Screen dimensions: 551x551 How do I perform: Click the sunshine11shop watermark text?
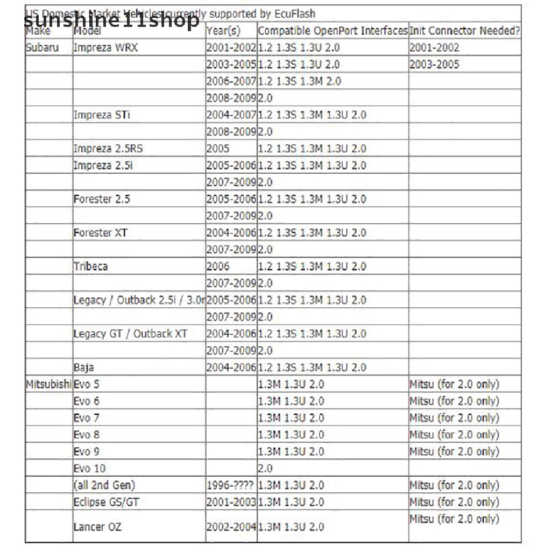tap(111, 20)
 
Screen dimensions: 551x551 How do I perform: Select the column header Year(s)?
tap(223, 31)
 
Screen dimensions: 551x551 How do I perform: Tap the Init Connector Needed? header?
tap(464, 31)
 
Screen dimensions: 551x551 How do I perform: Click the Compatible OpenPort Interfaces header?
tap(333, 31)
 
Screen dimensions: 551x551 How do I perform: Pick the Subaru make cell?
tap(42, 47)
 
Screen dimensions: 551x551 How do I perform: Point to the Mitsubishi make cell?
tap(48, 384)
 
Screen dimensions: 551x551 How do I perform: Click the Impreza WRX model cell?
tap(105, 47)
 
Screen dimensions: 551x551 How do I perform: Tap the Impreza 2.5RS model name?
tap(108, 149)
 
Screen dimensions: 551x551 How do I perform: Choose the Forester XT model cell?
tap(101, 233)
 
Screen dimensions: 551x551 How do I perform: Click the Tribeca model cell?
tap(90, 266)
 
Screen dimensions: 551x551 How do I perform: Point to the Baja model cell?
tap(83, 368)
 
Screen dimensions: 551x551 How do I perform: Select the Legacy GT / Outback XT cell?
tap(130, 334)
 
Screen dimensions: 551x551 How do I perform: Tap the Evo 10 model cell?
tap(89, 469)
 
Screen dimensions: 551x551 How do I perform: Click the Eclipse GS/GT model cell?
tap(107, 502)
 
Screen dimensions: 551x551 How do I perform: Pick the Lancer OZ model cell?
tap(97, 527)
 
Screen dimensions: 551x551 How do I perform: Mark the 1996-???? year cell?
tap(230, 485)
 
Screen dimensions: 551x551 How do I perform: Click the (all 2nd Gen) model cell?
tap(104, 485)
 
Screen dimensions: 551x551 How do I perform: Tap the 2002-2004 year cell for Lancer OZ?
tap(231, 527)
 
